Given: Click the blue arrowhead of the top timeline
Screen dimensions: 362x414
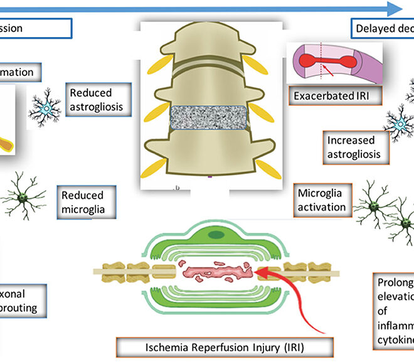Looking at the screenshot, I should [x=393, y=8].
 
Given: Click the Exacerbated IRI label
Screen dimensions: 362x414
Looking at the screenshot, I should [x=327, y=96].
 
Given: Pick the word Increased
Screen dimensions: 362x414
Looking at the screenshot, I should [x=351, y=141].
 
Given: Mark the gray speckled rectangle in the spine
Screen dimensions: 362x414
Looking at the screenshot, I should [x=210, y=118].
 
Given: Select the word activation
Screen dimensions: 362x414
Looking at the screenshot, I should [x=321, y=207].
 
